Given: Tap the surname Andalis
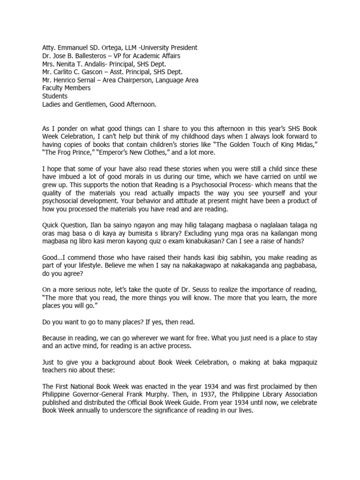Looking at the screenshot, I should coord(99,64).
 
